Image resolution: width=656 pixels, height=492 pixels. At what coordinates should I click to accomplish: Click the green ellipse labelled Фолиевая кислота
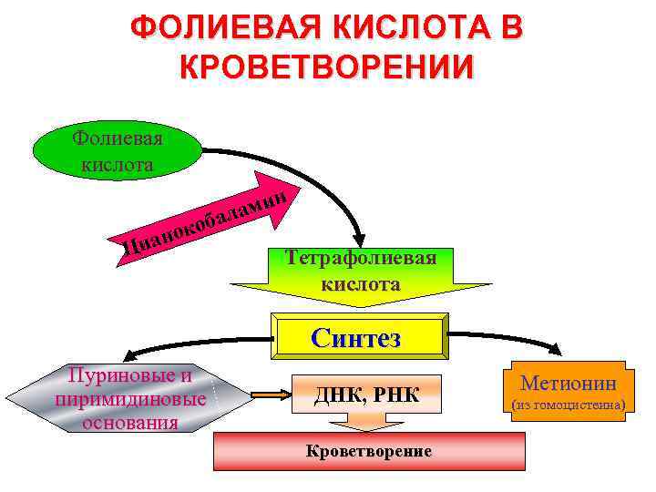[117, 151]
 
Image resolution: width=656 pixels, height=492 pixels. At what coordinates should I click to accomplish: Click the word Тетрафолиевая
[361, 257]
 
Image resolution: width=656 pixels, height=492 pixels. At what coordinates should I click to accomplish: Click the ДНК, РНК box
[365, 395]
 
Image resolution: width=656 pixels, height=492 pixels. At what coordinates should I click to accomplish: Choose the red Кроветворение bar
[369, 451]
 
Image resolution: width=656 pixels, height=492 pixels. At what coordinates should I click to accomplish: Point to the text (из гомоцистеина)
[569, 403]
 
